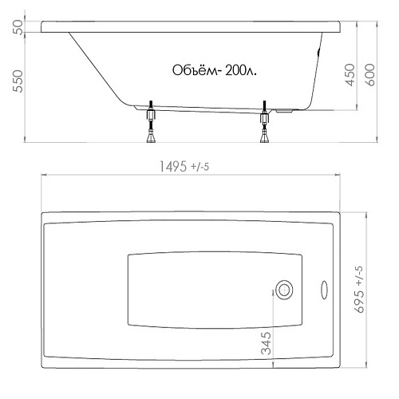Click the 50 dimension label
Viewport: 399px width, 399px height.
point(18,27)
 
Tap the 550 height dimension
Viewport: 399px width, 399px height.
point(18,81)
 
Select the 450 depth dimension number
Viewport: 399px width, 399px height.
point(350,75)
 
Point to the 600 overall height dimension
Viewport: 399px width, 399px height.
point(369,75)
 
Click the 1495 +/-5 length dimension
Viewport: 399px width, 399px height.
point(184,167)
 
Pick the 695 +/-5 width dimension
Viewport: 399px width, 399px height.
point(359,289)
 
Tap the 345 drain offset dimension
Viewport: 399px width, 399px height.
point(266,343)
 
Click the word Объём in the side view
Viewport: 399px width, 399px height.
point(196,70)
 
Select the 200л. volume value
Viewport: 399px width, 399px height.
point(241,71)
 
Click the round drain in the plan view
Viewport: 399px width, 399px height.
point(284,290)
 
